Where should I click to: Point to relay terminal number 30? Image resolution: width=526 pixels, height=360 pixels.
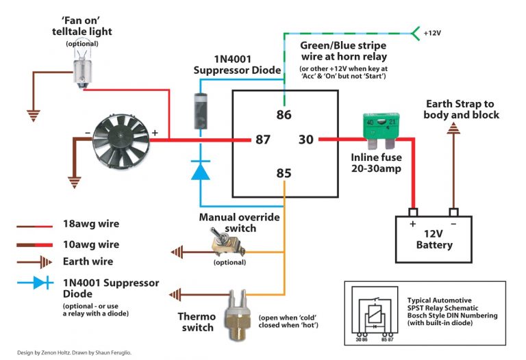point(306,140)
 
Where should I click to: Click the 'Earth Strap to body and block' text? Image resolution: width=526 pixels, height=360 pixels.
point(461,110)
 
